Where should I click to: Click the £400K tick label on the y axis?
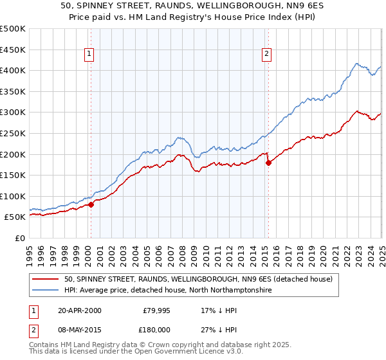point(13,70)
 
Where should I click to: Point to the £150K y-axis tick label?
point(13,175)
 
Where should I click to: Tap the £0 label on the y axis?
point(20,238)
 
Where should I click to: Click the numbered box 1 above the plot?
point(89,55)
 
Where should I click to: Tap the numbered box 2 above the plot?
point(266,55)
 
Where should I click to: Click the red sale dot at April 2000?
point(91,204)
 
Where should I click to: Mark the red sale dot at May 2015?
point(268,163)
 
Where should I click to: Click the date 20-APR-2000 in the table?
point(79,310)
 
